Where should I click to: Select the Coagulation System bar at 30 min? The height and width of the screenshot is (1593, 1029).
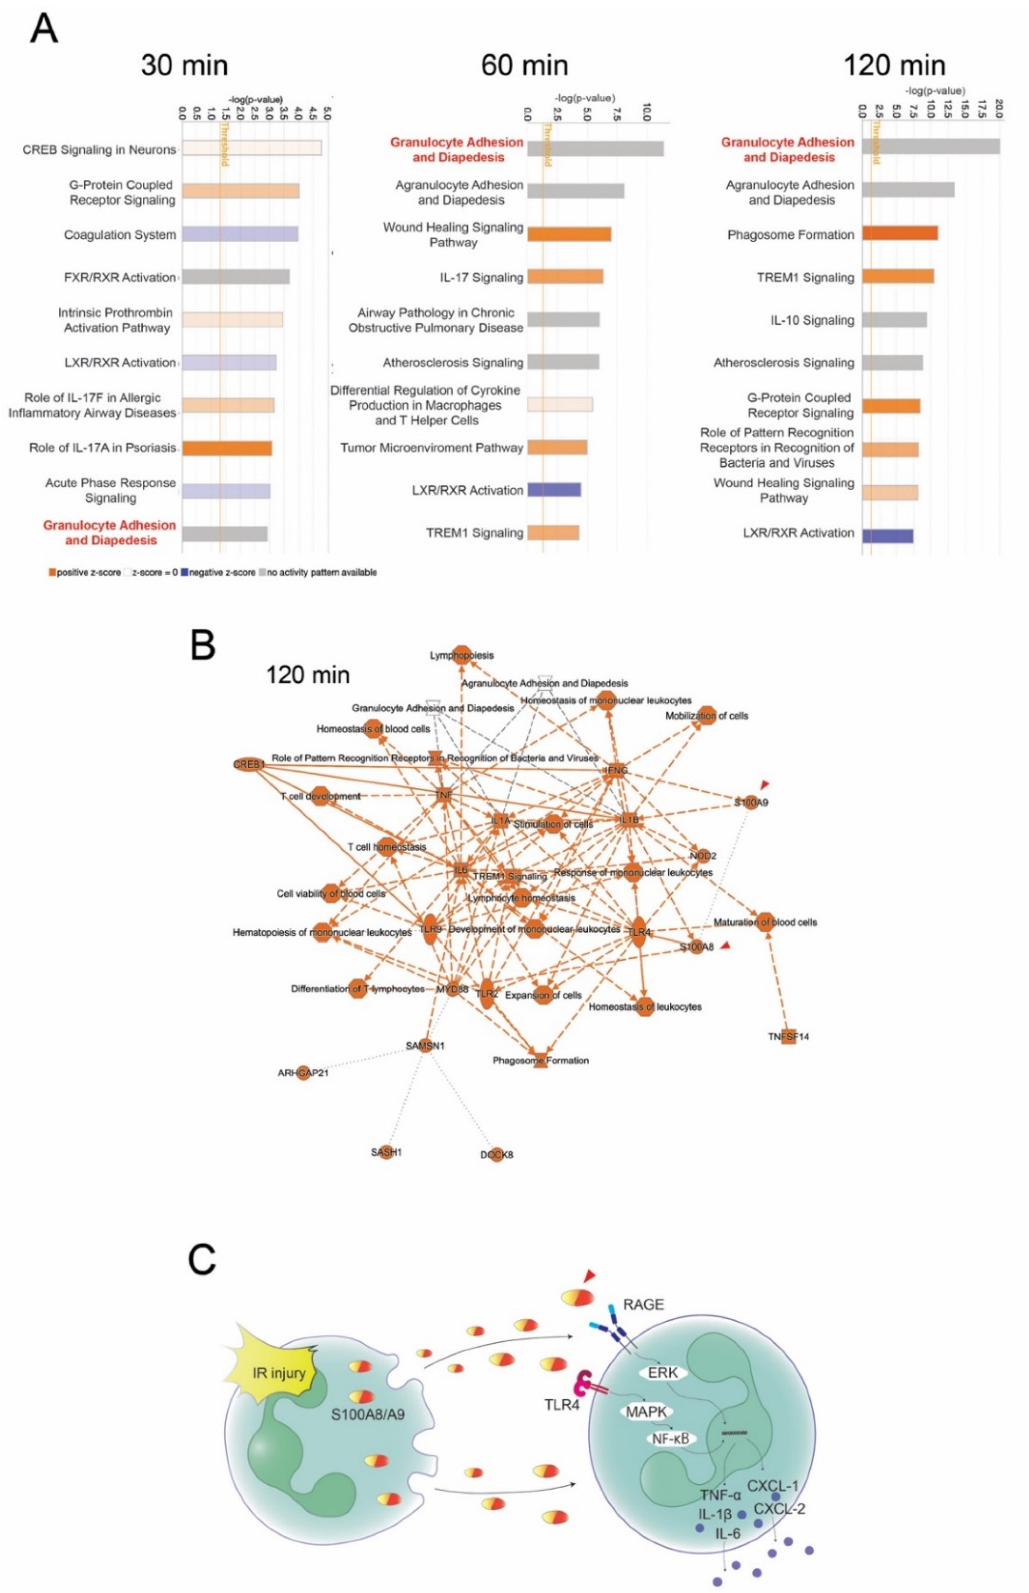[x=240, y=234]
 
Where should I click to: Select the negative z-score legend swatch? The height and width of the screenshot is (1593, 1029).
[x=184, y=572]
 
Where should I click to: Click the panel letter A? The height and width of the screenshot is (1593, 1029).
[x=44, y=30]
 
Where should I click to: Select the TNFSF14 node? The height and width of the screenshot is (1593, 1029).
[x=788, y=1037]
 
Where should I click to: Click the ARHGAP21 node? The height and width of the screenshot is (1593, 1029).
[x=303, y=1073]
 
